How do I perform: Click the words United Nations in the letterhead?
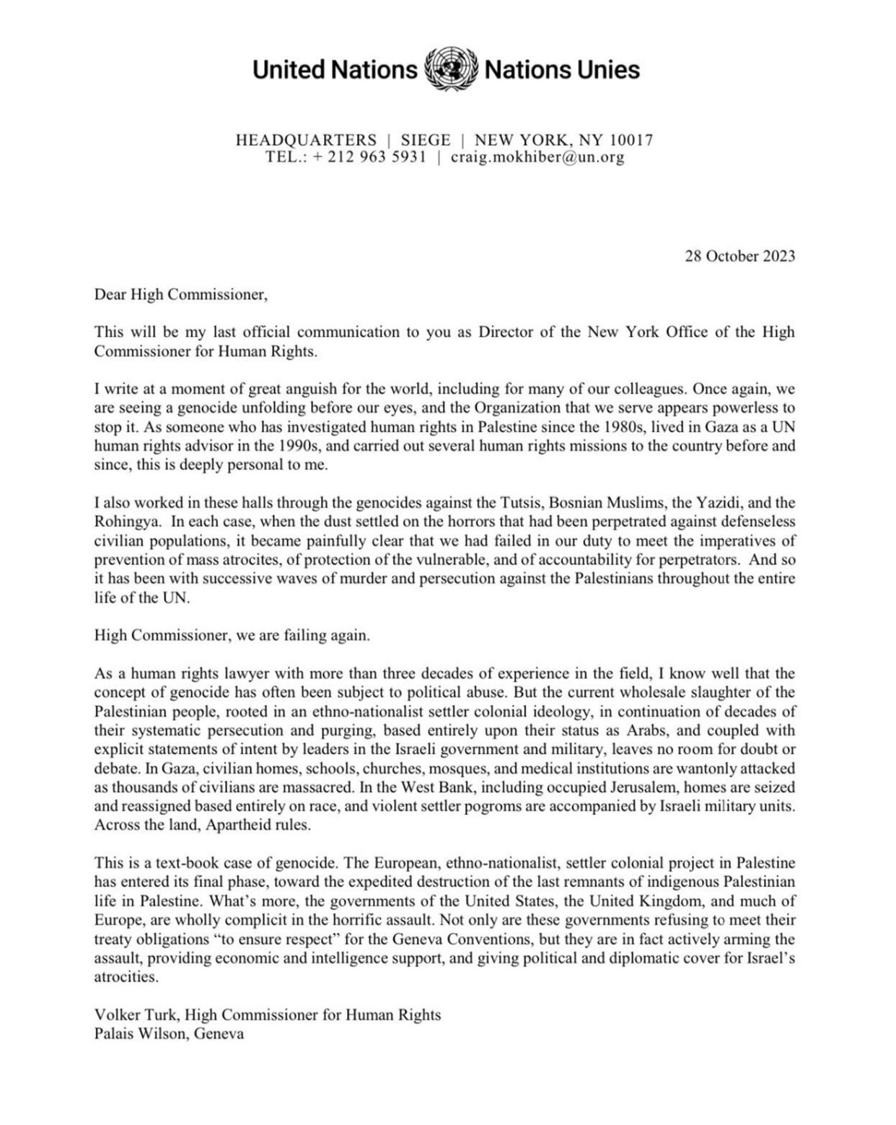pyautogui.click(x=335, y=70)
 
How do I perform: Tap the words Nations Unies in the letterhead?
pyautogui.click(x=562, y=70)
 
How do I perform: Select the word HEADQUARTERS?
pyautogui.click(x=306, y=140)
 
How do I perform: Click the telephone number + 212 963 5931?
pyautogui.click(x=369, y=157)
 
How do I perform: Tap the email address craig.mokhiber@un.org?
pyautogui.click(x=537, y=157)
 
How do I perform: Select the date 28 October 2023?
pyautogui.click(x=739, y=256)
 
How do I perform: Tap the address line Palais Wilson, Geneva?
pyautogui.click(x=169, y=1033)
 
